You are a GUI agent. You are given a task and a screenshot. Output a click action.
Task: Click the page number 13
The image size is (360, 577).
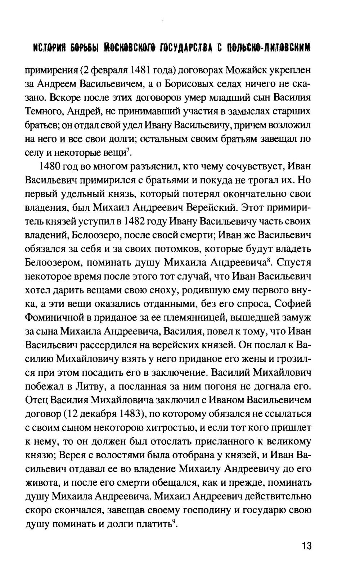[306, 546]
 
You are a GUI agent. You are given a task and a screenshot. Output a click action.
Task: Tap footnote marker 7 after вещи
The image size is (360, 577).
[129, 149]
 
